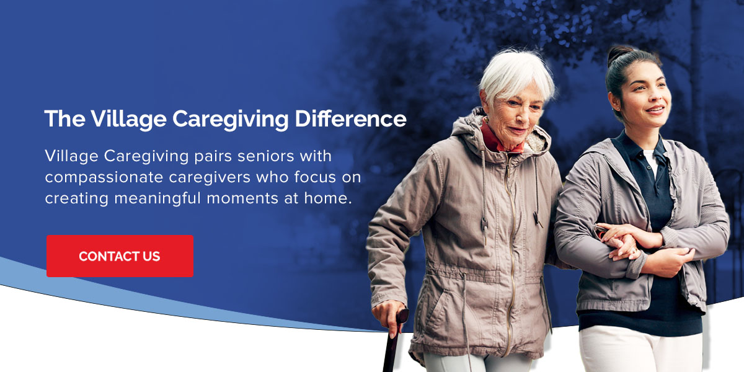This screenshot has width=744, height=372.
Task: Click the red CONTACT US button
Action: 120,256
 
